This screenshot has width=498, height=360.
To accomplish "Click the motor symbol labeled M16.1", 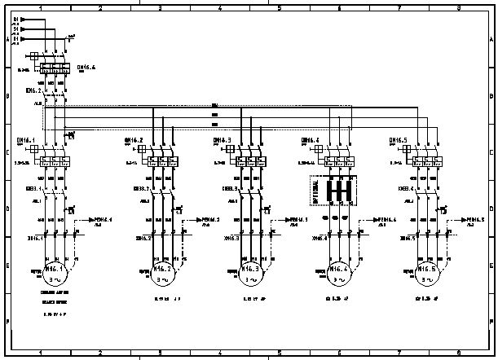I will point(54,272).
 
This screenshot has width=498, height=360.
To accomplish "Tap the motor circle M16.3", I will point(250,274).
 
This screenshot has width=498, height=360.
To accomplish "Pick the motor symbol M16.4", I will point(338,274).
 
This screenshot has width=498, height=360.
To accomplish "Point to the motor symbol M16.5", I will point(425,274).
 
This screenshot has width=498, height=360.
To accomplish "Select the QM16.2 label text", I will point(133,140).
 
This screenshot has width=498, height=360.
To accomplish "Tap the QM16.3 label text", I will point(223,140).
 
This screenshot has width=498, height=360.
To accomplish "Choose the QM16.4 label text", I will point(311,140).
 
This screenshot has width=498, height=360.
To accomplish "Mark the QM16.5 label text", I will point(399,140).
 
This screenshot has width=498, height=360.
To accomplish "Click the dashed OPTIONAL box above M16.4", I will point(334,191).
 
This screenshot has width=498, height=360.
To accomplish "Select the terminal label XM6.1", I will point(35,238).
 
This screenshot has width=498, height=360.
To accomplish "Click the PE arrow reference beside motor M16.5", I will point(473,220).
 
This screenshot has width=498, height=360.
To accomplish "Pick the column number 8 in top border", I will point(459,7).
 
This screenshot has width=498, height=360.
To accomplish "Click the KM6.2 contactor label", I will point(33,91).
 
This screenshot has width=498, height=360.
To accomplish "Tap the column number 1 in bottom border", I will point(40,353).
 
